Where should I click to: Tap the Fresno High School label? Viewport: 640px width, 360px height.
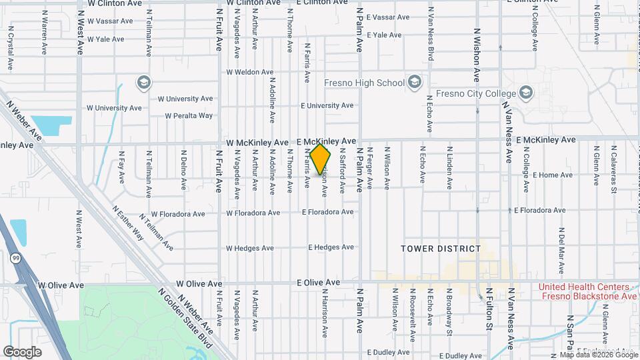(x=364, y=83)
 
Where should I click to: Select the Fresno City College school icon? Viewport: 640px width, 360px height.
(x=526, y=92)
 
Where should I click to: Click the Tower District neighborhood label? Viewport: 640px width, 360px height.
(x=441, y=249)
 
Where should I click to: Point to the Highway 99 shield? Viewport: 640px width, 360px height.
(x=15, y=257)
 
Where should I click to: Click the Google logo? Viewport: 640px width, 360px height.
(x=23, y=352)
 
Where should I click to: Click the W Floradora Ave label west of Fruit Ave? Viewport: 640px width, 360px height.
(x=173, y=215)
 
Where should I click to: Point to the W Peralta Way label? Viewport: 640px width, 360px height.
(x=189, y=115)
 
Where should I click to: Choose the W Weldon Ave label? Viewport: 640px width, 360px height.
(x=250, y=72)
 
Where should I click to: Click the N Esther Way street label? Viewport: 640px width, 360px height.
(x=128, y=223)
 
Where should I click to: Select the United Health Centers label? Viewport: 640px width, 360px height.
(x=588, y=291)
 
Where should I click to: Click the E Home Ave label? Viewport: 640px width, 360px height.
(x=553, y=175)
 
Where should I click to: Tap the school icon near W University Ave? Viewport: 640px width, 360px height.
(x=143, y=83)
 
